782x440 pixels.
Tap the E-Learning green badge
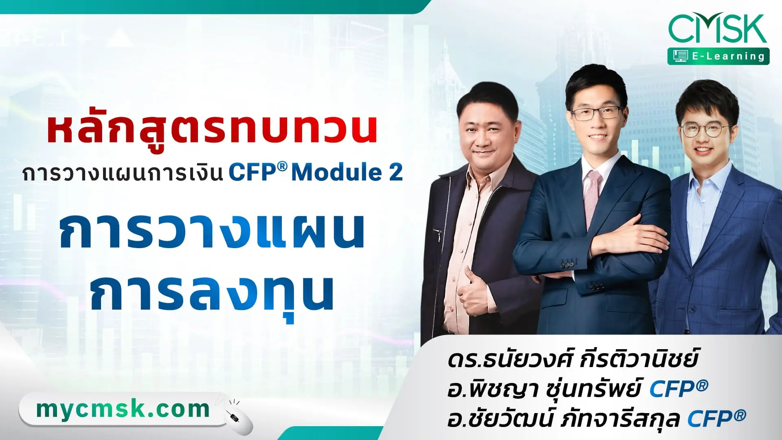tap(718, 56)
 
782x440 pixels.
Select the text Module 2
tap(347, 172)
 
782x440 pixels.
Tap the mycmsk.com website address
tap(123, 409)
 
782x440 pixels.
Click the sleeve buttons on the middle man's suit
tap(567, 265)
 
